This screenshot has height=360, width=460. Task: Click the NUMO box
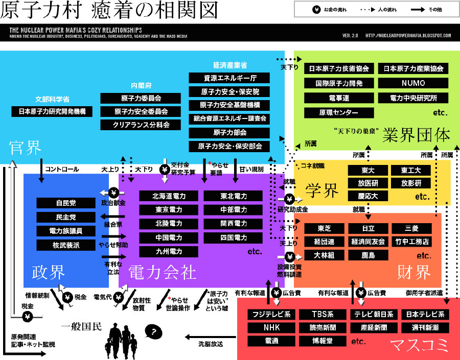pos(413,83)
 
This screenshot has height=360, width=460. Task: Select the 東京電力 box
pos(168,210)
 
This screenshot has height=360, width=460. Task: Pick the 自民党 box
pos(66,203)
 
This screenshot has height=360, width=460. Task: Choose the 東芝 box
pos(324,228)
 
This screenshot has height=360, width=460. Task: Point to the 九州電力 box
pos(168,252)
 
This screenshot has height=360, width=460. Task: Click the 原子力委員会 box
pos(142,98)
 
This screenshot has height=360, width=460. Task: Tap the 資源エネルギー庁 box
pos(229,79)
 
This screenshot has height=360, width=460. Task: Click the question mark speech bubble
pos(153,332)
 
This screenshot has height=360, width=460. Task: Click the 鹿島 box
pos(368,255)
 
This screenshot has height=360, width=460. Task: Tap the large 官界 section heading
pos(25,148)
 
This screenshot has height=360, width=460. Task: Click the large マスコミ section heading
pos(419,346)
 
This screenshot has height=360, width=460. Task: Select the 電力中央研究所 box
pos(413,98)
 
